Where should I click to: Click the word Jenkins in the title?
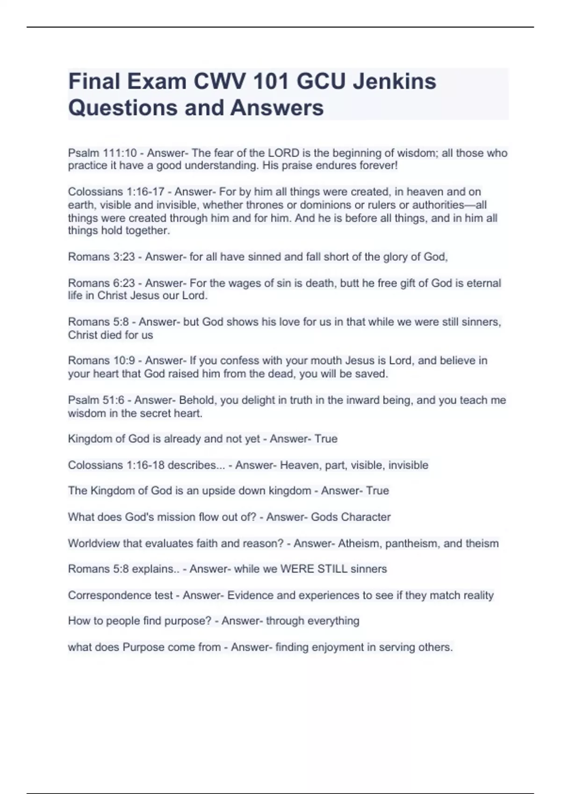coord(394,81)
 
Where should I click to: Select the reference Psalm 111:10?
coord(102,153)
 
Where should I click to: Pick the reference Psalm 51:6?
coord(97,400)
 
